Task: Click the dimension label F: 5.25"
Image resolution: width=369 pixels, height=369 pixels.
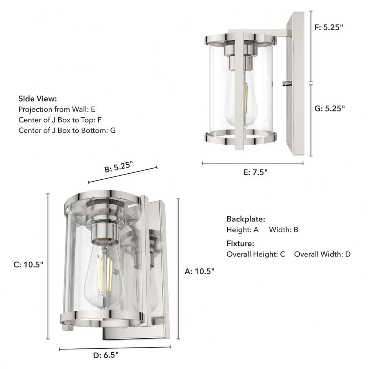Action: pyautogui.click(x=329, y=27)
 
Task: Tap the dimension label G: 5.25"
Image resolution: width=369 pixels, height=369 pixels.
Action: pyautogui.click(x=330, y=108)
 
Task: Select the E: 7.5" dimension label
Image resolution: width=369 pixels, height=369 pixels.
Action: pyautogui.click(x=255, y=172)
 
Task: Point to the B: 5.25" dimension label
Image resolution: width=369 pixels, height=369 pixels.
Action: pyautogui.click(x=119, y=167)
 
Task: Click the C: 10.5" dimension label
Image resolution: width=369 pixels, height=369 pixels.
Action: pyautogui.click(x=28, y=265)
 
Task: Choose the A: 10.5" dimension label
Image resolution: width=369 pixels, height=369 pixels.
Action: pyautogui.click(x=199, y=271)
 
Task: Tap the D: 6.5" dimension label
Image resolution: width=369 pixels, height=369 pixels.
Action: pyautogui.click(x=106, y=355)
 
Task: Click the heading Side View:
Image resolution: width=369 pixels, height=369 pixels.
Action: pyautogui.click(x=38, y=99)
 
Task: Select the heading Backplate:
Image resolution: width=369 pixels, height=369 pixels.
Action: pyautogui.click(x=246, y=219)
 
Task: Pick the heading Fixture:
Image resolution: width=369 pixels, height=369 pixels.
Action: pyautogui.click(x=240, y=244)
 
